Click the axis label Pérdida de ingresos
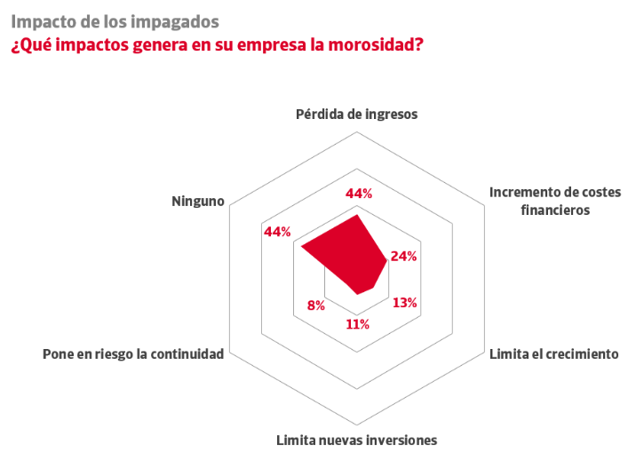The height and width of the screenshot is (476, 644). tap(356, 115)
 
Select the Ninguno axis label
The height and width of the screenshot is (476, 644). tap(198, 202)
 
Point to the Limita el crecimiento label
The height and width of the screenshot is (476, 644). tap(553, 354)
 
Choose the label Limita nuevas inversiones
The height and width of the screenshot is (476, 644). tap(356, 440)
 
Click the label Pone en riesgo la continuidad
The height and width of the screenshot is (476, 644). tap(133, 354)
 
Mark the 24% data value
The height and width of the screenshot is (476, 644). tap(404, 257)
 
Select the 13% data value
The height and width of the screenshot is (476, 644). tap(405, 302)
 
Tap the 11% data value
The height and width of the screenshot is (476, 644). tap(357, 324)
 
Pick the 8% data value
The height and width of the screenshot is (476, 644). tap(315, 305)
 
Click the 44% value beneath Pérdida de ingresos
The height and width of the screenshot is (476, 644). tap(359, 194)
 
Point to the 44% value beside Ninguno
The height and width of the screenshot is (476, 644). tap(278, 232)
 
